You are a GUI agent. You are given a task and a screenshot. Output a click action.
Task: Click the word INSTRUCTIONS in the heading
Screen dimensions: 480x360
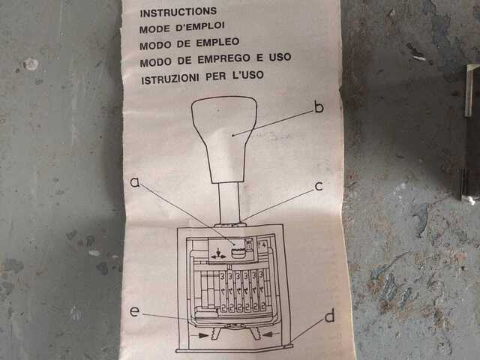tap(178, 12)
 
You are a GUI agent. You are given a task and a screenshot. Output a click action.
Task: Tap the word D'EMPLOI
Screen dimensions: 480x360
tap(200, 27)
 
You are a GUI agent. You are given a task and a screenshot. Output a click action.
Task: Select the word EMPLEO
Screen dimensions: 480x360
tap(217, 42)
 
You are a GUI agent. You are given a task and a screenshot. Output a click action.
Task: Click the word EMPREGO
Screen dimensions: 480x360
tap(223, 58)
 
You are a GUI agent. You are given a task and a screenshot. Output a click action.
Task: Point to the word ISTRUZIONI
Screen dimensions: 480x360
tap(170, 79)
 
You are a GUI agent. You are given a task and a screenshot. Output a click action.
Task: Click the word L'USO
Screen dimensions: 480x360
tap(248, 75)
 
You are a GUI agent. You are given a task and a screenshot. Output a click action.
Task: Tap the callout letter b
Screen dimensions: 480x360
tap(319, 107)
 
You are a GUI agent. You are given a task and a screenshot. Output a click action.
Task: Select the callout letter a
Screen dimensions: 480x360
tap(135, 181)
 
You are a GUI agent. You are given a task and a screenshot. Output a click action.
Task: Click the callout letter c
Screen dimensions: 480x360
tap(318, 186)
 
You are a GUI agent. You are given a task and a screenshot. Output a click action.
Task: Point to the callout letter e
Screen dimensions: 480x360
tap(135, 311)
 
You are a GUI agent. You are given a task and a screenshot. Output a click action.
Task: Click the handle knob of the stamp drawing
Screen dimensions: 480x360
tap(225, 139)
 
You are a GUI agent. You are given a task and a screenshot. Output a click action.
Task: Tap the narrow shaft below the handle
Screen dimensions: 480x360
tap(229, 203)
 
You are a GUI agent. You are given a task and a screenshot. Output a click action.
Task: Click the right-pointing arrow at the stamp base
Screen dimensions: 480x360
tap(199, 335)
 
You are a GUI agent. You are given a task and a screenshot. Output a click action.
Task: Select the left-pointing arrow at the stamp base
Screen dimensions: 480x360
tap(271, 334)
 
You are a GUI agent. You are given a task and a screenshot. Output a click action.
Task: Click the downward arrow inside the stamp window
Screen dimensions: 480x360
tap(218, 251)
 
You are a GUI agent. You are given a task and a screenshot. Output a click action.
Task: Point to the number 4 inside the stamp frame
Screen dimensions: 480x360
tap(263, 245)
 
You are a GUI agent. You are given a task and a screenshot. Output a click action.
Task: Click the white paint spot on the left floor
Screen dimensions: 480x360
tap(31, 64)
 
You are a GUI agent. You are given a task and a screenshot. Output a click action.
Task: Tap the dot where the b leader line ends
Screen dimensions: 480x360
tap(233, 135)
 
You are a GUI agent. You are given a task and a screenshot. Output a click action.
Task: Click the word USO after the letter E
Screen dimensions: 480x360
tap(280, 57)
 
